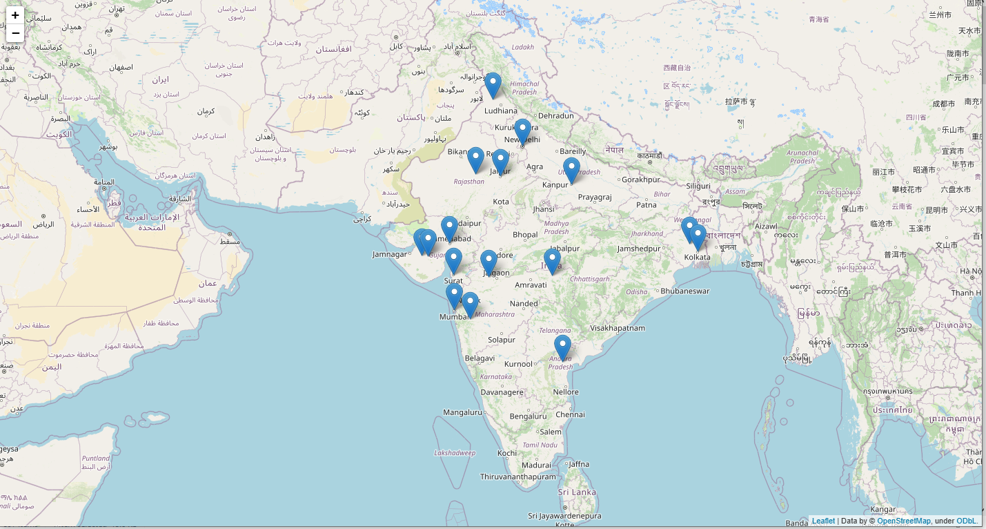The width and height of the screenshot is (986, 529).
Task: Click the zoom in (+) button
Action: click(15, 15)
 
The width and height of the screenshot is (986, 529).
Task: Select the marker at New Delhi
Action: click(522, 131)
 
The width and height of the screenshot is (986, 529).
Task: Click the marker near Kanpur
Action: click(571, 170)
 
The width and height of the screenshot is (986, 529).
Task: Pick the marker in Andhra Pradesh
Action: click(562, 347)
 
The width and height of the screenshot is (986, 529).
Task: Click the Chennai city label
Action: click(570, 414)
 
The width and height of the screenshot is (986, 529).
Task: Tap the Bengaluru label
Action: click(528, 416)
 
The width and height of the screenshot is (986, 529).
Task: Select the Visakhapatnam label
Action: click(618, 328)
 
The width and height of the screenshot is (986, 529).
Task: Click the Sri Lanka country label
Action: click(577, 492)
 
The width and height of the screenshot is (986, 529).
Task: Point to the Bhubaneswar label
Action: click(684, 291)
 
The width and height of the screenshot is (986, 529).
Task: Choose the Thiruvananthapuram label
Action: click(517, 477)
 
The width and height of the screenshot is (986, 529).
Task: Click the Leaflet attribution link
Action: click(823, 521)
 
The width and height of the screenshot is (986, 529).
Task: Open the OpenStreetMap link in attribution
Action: click(903, 521)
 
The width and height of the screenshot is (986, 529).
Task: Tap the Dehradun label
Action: click(555, 115)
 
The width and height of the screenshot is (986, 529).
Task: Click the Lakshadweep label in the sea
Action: click(455, 453)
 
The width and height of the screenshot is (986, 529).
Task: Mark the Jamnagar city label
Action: click(390, 254)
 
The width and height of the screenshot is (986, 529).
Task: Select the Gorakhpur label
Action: click(641, 180)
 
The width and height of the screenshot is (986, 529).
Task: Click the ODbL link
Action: click(966, 521)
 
